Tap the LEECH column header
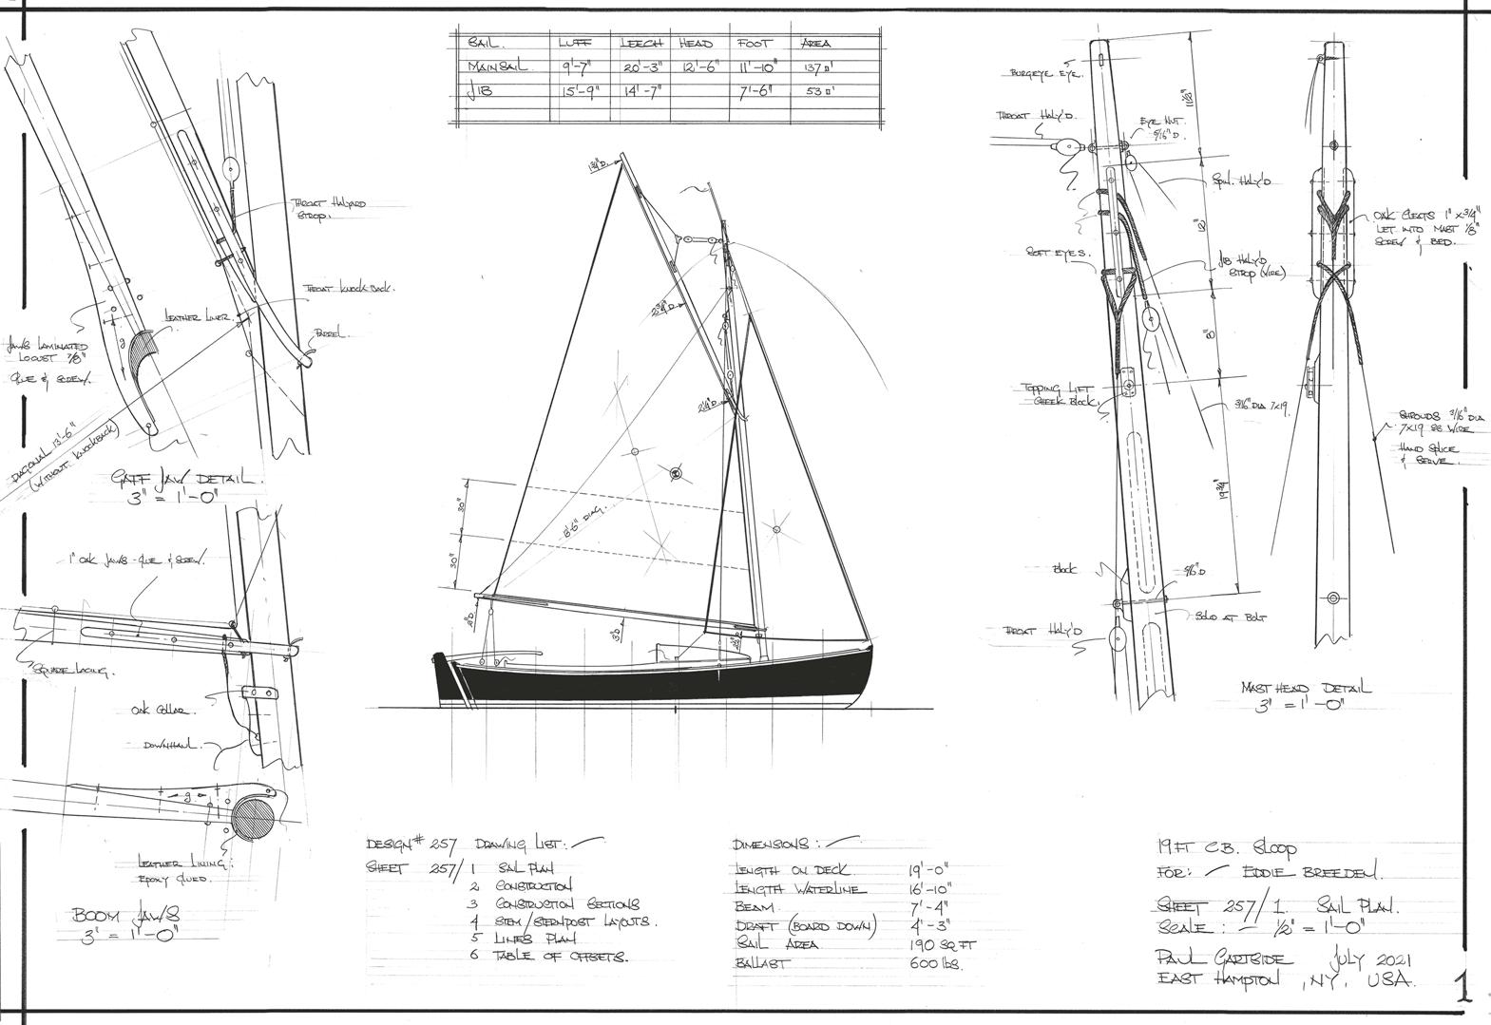click(641, 43)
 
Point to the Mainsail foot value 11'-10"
click(757, 67)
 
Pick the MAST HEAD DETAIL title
click(1306, 689)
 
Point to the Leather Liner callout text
click(198, 319)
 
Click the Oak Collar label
click(162, 710)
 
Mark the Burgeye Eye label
click(1045, 73)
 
